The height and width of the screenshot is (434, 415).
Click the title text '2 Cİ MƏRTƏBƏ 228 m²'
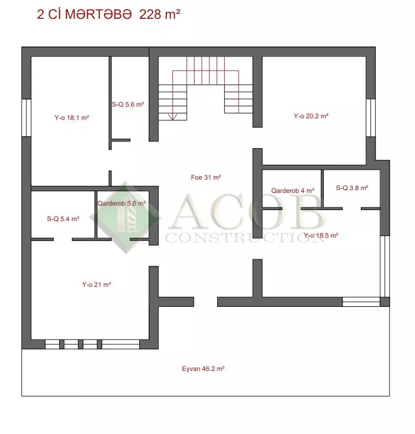[x=108, y=14]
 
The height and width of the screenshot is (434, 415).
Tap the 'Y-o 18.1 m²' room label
[x=72, y=118]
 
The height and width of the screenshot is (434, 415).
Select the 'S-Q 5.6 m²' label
[x=128, y=104]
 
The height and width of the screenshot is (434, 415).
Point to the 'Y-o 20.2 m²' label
[x=311, y=116]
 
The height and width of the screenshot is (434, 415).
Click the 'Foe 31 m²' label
[x=206, y=177]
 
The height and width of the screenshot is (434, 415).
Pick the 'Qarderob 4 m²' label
[x=292, y=191]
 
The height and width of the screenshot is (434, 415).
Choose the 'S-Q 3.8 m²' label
[x=352, y=188]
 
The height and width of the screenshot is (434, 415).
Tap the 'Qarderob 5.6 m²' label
[x=122, y=203]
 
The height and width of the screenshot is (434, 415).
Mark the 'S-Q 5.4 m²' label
[x=63, y=219]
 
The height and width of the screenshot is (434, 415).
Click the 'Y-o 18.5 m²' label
[x=321, y=236]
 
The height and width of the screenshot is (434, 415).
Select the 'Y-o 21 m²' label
[x=97, y=285]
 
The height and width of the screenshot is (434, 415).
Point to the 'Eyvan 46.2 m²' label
[x=203, y=369]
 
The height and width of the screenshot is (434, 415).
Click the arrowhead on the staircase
[x=172, y=117]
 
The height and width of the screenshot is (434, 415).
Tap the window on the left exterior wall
[x=27, y=118]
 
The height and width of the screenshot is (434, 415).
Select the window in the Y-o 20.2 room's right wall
[x=371, y=118]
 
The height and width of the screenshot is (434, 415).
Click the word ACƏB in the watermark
[x=247, y=212]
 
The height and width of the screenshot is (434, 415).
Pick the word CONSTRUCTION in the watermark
[x=245, y=238]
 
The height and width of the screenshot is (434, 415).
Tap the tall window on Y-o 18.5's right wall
[x=385, y=266]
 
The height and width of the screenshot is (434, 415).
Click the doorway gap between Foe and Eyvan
[x=206, y=302]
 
